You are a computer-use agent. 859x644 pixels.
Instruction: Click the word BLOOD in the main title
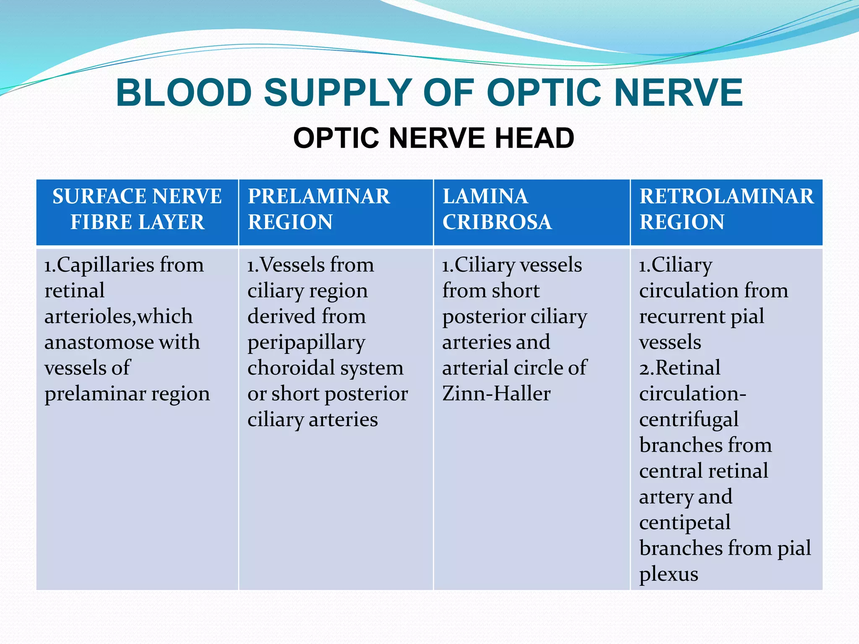184,93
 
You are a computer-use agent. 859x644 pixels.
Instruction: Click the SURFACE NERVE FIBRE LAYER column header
137,209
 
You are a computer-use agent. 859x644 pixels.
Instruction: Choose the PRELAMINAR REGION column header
319,209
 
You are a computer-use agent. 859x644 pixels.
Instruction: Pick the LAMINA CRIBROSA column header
497,209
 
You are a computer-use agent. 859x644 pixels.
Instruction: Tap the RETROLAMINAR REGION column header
726,209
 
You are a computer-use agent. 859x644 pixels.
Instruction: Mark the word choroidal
291,368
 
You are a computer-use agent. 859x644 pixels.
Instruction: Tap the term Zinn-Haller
496,394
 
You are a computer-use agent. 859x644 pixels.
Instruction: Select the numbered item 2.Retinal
679,368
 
